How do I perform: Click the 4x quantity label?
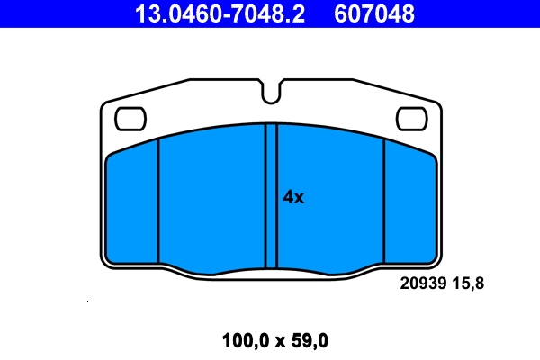293,197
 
